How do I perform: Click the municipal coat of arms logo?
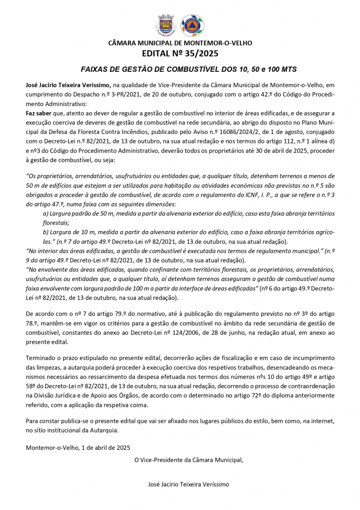[x=166, y=25]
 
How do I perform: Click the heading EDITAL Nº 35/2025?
[x=180, y=53]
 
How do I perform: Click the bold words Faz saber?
[x=38, y=113]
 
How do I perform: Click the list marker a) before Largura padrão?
[x=46, y=213]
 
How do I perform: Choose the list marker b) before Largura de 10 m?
[x=46, y=232]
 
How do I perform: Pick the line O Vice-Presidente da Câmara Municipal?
[x=189, y=460]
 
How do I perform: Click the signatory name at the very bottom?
[x=189, y=484]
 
